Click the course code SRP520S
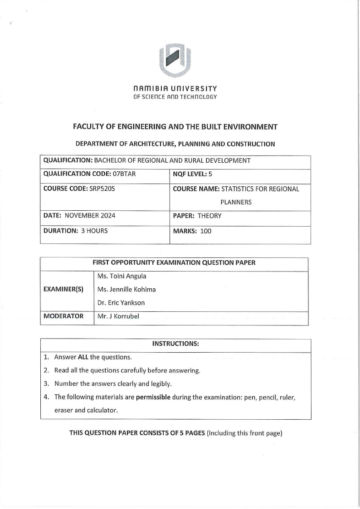101,189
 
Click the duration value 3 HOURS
94,231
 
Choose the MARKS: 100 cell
192,231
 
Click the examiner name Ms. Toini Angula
122,276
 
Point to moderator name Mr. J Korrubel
118,316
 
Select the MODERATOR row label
63,316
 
